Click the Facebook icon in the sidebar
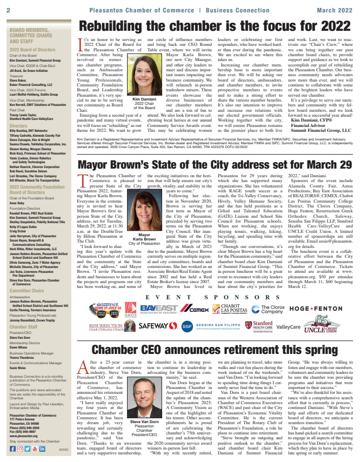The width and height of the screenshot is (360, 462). pyautogui.click(x=12, y=448)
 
